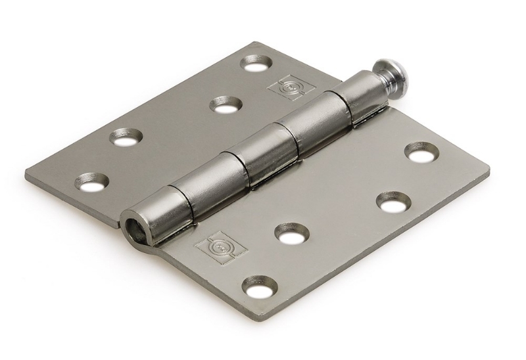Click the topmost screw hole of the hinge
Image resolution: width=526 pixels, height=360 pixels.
point(256,64)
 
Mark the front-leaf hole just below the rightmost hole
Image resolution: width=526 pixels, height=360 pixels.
point(394,204)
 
